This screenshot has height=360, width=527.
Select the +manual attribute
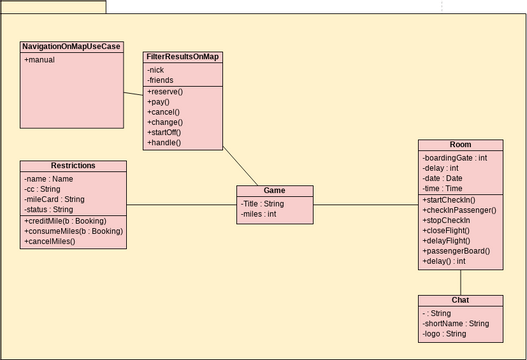(x=41, y=60)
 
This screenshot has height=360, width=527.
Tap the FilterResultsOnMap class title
(x=183, y=57)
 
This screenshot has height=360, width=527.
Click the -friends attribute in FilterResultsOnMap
(x=159, y=81)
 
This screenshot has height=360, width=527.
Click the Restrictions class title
(x=73, y=165)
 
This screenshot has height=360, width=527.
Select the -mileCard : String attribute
(x=55, y=199)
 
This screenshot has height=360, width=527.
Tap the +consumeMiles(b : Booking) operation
(x=73, y=231)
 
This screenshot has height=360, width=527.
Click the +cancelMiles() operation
(x=49, y=241)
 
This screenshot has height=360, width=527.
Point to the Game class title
(x=274, y=190)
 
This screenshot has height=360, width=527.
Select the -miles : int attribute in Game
(x=259, y=213)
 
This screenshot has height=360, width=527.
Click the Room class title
(x=460, y=145)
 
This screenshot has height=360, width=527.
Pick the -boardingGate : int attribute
(x=455, y=157)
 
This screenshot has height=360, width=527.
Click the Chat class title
(x=460, y=300)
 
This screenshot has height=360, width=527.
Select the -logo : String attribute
(x=445, y=333)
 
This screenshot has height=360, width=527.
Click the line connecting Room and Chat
(x=461, y=281)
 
